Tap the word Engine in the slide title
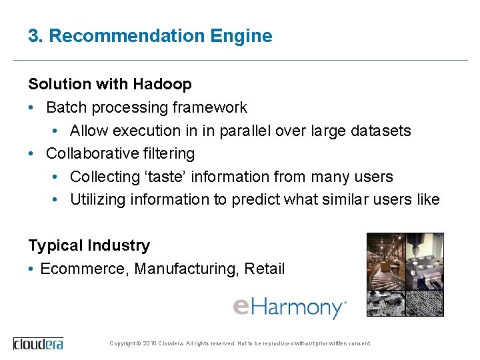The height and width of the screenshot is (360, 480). point(247,36)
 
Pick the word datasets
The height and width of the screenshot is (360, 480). point(380,131)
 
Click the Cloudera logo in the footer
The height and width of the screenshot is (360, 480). point(38,343)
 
